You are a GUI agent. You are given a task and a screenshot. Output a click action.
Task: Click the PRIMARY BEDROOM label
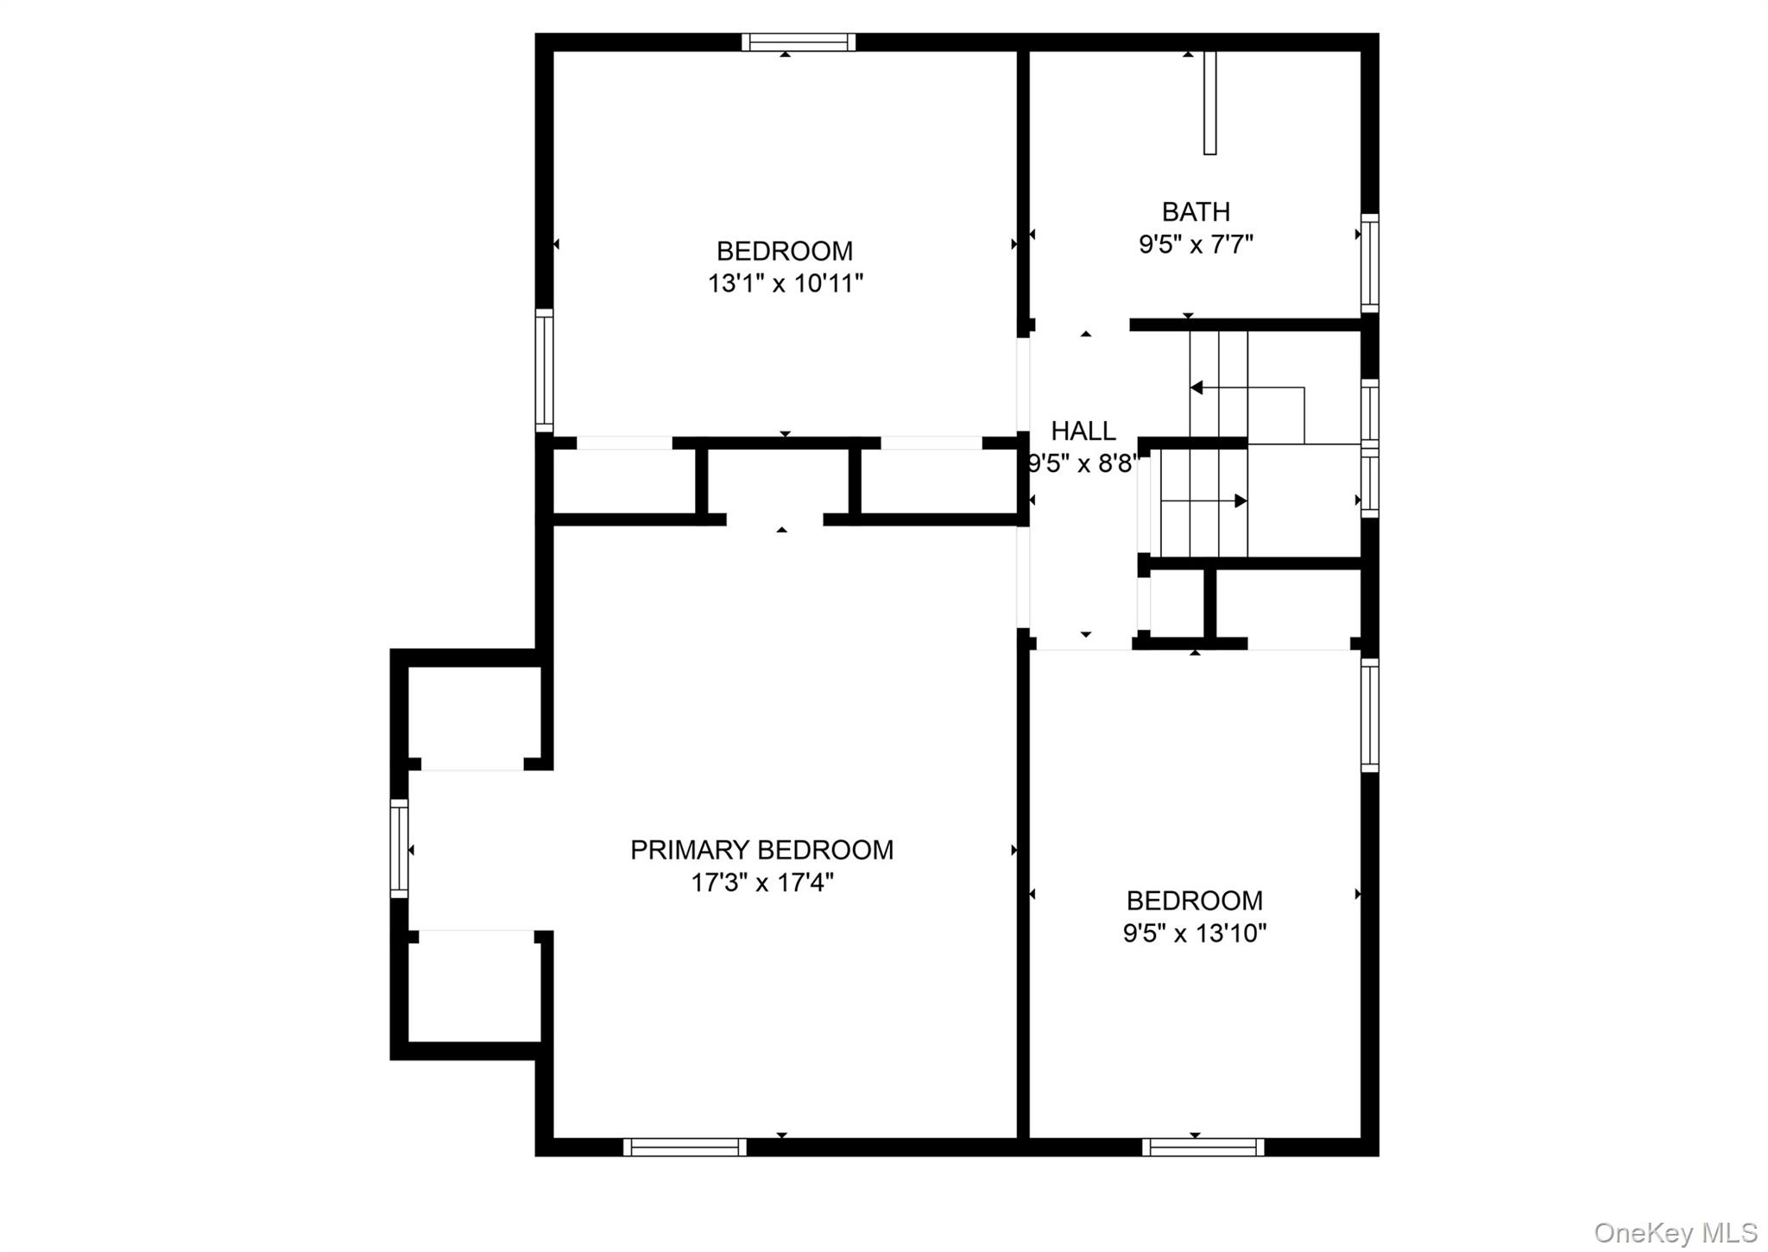(x=761, y=850)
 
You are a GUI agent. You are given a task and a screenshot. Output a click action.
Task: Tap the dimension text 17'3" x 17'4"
(x=761, y=883)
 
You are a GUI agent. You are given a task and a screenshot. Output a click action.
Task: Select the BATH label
(x=1196, y=211)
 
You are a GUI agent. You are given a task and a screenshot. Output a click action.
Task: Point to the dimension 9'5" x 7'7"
(x=1196, y=245)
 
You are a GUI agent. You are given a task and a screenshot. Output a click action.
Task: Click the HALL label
(x=1083, y=431)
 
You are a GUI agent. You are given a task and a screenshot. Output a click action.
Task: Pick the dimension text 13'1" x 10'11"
(x=785, y=283)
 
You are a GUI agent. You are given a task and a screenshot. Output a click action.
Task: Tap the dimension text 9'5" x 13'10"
(x=1194, y=933)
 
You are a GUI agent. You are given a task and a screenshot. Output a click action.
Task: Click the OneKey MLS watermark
(x=1675, y=1232)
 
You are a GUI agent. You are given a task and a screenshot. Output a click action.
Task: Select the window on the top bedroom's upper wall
(x=798, y=42)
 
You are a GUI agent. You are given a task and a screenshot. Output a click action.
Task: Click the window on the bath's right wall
(x=1369, y=263)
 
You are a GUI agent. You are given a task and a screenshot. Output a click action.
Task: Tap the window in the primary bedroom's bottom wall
(x=685, y=1147)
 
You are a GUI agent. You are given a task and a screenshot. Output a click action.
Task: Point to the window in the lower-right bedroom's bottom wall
(x=1203, y=1147)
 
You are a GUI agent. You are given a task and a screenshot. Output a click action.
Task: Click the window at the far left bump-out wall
(x=399, y=848)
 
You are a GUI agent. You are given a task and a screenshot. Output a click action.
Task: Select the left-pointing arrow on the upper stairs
(x=1197, y=388)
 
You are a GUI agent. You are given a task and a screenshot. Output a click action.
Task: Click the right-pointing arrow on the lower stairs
(x=1240, y=500)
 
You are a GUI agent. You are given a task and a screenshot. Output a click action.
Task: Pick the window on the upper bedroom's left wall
(x=544, y=370)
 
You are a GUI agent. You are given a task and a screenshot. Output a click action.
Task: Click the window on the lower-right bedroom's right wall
(x=1369, y=714)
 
